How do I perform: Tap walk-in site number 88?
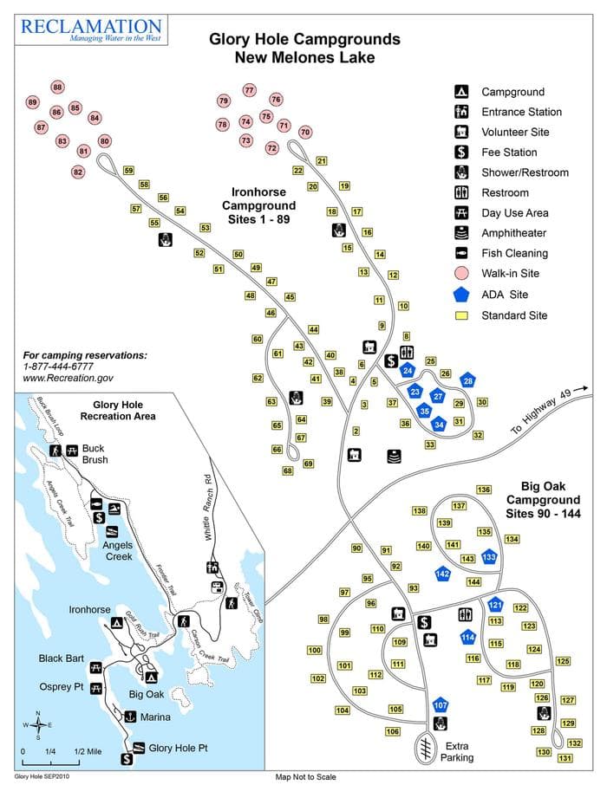coord(58,88)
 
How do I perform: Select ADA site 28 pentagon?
coord(467,380)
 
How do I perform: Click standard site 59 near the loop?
coord(128,171)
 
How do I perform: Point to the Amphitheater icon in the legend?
coord(462,233)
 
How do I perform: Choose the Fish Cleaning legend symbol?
coord(462,254)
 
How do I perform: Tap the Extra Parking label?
coord(456,751)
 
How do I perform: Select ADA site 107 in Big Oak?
coord(440,705)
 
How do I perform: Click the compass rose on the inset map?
coord(37,724)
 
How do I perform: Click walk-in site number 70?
coord(304,132)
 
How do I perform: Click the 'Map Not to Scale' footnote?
coord(305,777)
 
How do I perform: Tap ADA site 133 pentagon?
coord(489,556)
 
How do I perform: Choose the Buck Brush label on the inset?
coord(95,454)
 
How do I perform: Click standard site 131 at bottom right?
coord(565,758)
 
